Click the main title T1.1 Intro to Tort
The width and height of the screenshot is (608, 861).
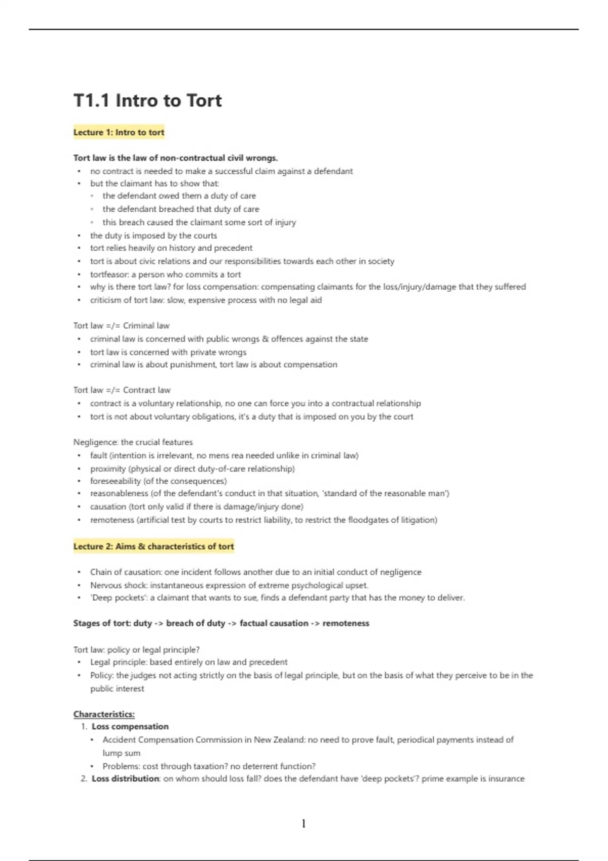147,100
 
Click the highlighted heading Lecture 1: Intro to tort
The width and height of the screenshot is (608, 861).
119,132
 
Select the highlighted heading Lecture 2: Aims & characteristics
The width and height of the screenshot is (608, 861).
154,546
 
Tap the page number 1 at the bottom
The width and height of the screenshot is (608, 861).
303,824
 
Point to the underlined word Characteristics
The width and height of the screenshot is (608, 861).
104,714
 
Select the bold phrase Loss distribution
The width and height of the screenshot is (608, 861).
125,778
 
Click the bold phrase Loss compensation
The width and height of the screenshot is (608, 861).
130,726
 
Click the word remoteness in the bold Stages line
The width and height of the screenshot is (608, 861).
346,623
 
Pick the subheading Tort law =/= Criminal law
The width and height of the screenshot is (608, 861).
121,326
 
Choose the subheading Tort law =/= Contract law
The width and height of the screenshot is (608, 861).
122,390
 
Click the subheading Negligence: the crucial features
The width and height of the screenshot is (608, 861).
133,442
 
